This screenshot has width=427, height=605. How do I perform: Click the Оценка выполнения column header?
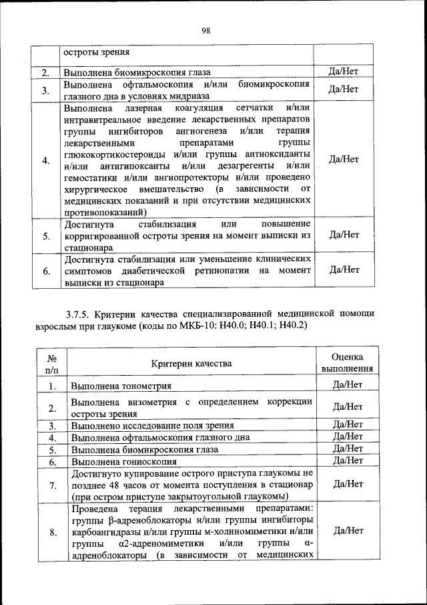tap(346, 363)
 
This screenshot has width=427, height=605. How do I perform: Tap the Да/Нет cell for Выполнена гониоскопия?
tap(346, 461)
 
